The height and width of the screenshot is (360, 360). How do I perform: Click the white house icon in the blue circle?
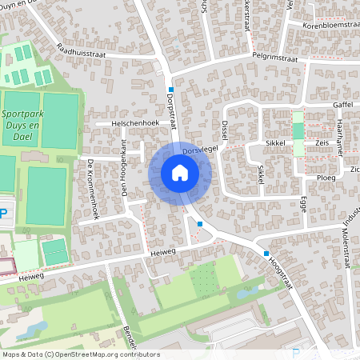click(180, 172)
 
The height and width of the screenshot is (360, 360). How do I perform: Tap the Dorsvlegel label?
click(201, 150)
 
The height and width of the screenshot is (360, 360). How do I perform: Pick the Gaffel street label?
click(342, 104)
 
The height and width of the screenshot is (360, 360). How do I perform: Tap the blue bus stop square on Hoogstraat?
click(266, 254)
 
